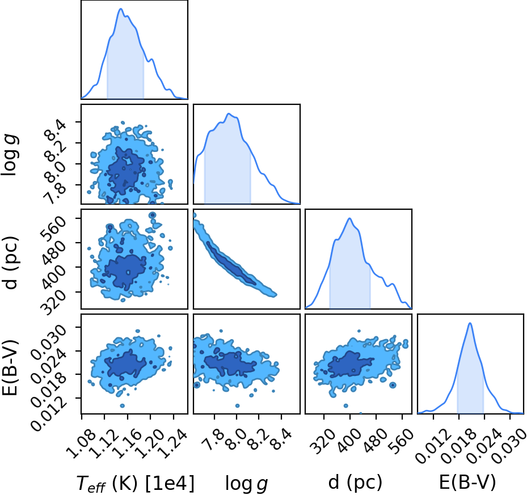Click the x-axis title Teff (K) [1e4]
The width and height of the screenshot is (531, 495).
[136, 483]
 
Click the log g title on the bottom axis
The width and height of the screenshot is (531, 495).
[247, 483]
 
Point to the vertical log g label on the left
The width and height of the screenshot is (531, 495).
[10, 155]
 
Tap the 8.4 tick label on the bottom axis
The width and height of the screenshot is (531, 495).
[280, 439]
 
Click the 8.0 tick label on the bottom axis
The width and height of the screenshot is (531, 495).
[237, 439]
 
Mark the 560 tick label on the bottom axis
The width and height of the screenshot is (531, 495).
[401, 441]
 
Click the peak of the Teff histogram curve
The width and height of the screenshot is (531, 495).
[121, 9]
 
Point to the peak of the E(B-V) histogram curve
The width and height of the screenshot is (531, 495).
[470, 323]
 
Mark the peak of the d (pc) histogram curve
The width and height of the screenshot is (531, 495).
[349, 218]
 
